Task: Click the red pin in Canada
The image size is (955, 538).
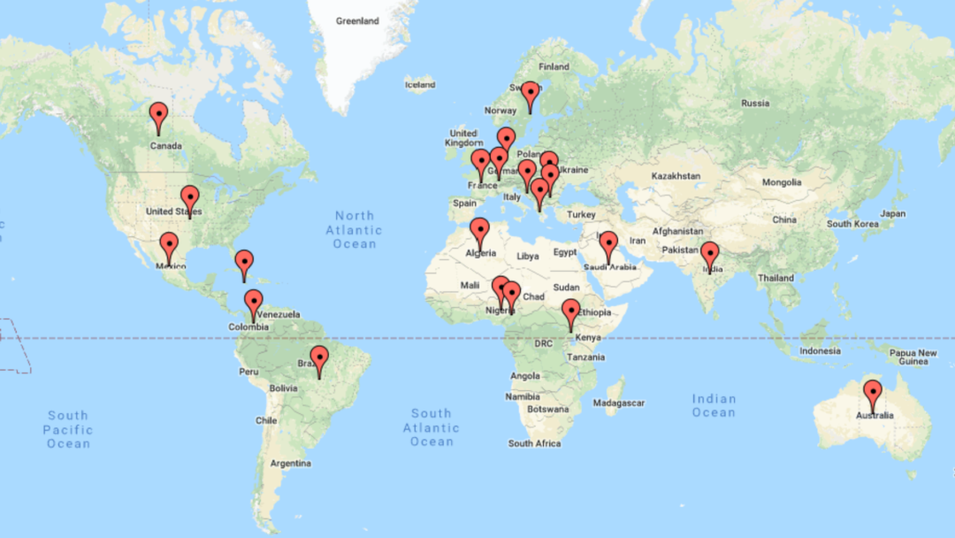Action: point(158,115)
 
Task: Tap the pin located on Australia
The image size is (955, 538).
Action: point(873,392)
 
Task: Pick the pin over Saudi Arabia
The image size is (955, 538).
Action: point(607,243)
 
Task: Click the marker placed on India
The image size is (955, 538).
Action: point(709,254)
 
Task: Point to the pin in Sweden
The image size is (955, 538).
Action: point(530,93)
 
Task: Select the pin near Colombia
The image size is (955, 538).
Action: point(254,302)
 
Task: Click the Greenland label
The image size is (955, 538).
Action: point(358,20)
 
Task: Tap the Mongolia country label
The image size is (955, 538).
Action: point(781,182)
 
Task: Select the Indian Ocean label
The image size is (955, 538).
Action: point(714,405)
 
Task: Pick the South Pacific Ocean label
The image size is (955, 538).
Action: point(69,429)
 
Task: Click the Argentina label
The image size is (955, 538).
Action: point(291,463)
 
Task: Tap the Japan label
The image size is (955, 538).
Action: point(892,213)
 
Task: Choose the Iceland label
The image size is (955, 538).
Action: point(420,85)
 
